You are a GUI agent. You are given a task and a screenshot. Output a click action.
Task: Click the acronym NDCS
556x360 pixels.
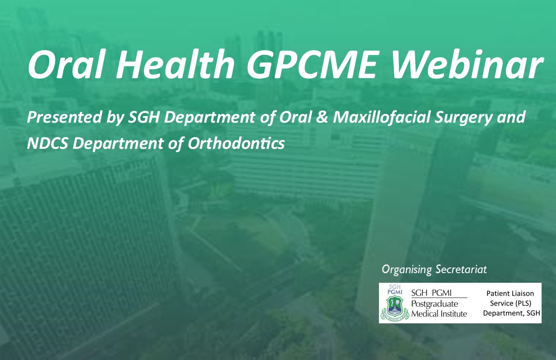(48, 144)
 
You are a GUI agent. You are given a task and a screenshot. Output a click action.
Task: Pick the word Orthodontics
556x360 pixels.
(236, 144)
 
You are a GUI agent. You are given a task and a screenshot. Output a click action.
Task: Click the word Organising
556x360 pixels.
(407, 270)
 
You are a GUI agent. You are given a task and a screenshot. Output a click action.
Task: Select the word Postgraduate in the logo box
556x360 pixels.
(435, 304)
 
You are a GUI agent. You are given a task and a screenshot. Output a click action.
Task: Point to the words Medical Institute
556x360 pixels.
(439, 314)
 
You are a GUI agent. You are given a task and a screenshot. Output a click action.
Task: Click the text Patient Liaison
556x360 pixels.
(510, 294)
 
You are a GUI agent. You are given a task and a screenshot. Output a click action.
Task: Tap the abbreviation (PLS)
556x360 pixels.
(522, 304)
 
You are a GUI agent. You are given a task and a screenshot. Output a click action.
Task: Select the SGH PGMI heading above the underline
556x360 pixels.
(431, 293)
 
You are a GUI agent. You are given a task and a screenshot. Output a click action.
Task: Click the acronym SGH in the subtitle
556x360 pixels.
(143, 117)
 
